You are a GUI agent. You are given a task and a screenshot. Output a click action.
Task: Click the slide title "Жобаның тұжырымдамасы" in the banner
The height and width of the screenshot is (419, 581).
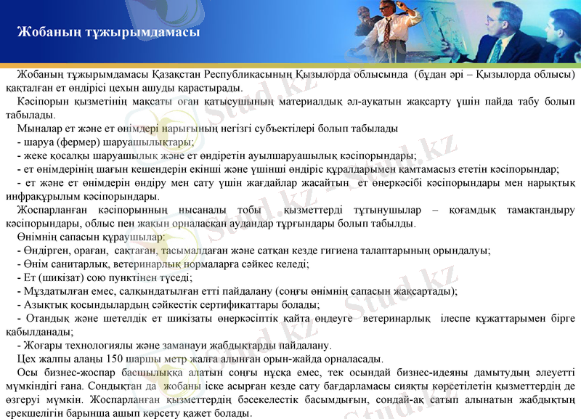(107, 33)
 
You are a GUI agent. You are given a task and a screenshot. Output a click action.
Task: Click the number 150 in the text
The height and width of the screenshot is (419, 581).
(114, 359)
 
